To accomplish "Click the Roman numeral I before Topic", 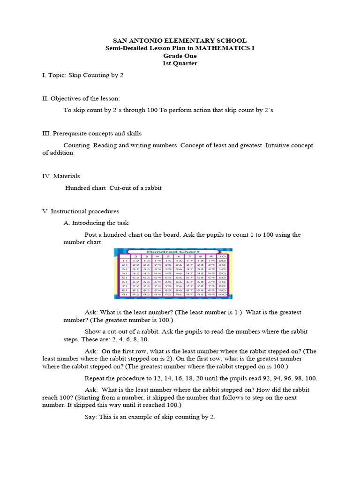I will (x=44, y=75).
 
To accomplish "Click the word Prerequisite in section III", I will (x=72, y=134).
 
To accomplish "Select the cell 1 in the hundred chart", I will (x=124, y=257).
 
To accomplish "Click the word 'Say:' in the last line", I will (x=90, y=417).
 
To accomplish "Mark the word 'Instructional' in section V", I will (x=70, y=211).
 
